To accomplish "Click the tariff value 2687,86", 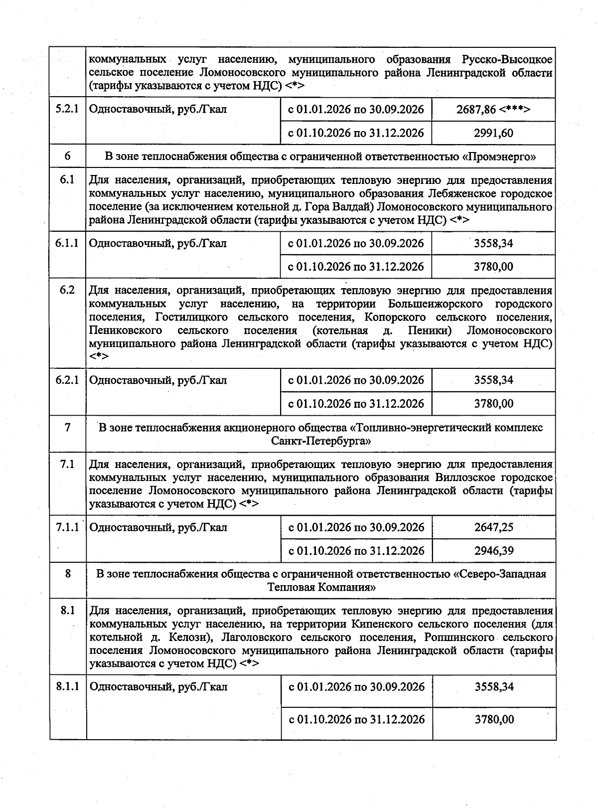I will [x=475, y=109].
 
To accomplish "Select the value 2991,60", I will [x=493, y=133].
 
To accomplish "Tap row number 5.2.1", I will [x=67, y=109].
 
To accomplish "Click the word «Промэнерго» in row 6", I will [x=499, y=157].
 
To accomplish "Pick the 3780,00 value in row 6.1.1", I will [x=493, y=267].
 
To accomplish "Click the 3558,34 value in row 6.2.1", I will [x=493, y=380].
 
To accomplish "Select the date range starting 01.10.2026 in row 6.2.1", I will [x=356, y=404].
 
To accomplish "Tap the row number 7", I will [x=67, y=427].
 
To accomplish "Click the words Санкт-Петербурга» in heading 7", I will [x=321, y=441].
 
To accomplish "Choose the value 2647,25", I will [x=493, y=527].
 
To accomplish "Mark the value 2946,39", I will [x=493, y=551].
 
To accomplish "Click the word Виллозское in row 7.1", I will [x=463, y=478].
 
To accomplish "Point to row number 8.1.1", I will [x=67, y=687].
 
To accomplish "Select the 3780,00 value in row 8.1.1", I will [x=493, y=720].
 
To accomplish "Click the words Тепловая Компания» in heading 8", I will [x=321, y=587].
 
